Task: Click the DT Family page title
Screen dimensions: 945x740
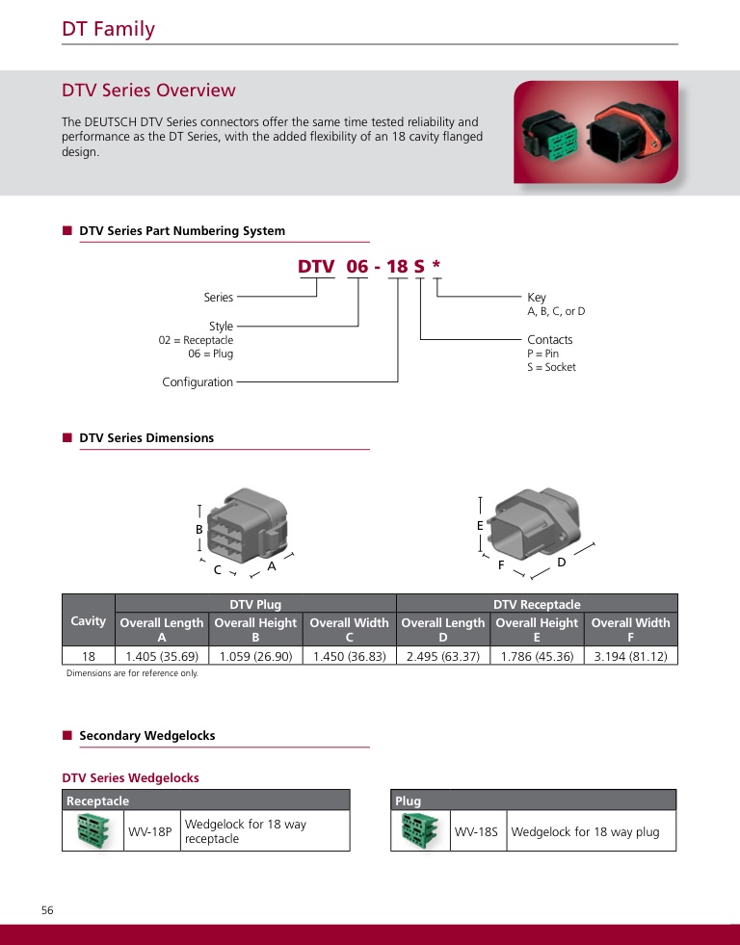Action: point(108,29)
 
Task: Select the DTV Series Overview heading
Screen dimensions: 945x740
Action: point(148,91)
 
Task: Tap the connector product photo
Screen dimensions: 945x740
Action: point(595,132)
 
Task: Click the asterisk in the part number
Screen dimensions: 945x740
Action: point(436,266)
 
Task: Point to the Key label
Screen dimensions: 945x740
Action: point(537,298)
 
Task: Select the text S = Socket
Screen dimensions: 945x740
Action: point(551,367)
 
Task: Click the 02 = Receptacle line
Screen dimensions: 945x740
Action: point(196,340)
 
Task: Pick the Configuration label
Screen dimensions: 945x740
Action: point(198,382)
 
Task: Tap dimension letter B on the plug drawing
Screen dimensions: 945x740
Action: point(199,530)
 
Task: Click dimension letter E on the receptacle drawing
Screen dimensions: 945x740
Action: point(480,526)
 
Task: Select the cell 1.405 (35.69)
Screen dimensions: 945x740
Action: point(162,656)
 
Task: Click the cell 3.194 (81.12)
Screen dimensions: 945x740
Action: point(630,656)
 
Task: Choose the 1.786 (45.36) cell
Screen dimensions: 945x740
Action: point(537,656)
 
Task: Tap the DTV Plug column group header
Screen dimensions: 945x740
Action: point(255,604)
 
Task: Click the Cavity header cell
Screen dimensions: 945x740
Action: point(88,621)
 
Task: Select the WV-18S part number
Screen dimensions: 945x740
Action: point(477,831)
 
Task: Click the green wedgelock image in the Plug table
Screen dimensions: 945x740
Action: point(420,830)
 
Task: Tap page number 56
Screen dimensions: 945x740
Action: point(47,910)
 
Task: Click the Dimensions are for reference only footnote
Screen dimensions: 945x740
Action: point(132,673)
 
